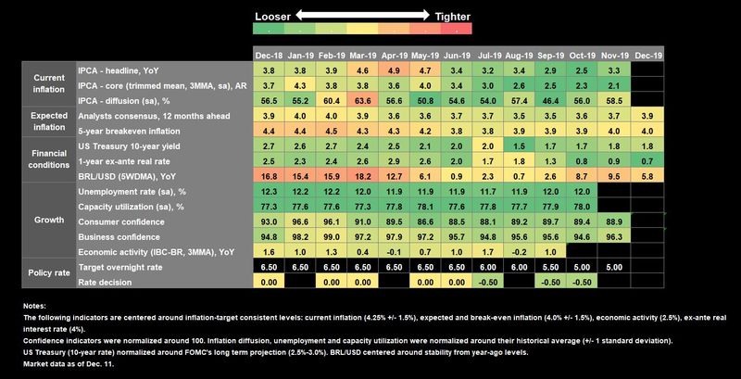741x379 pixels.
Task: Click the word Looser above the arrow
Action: click(x=276, y=16)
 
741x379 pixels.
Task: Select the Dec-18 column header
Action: click(x=270, y=56)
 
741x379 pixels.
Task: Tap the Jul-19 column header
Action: click(x=492, y=56)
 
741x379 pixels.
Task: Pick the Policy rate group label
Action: click(x=48, y=274)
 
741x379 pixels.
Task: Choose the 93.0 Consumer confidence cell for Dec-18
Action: click(x=270, y=222)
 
